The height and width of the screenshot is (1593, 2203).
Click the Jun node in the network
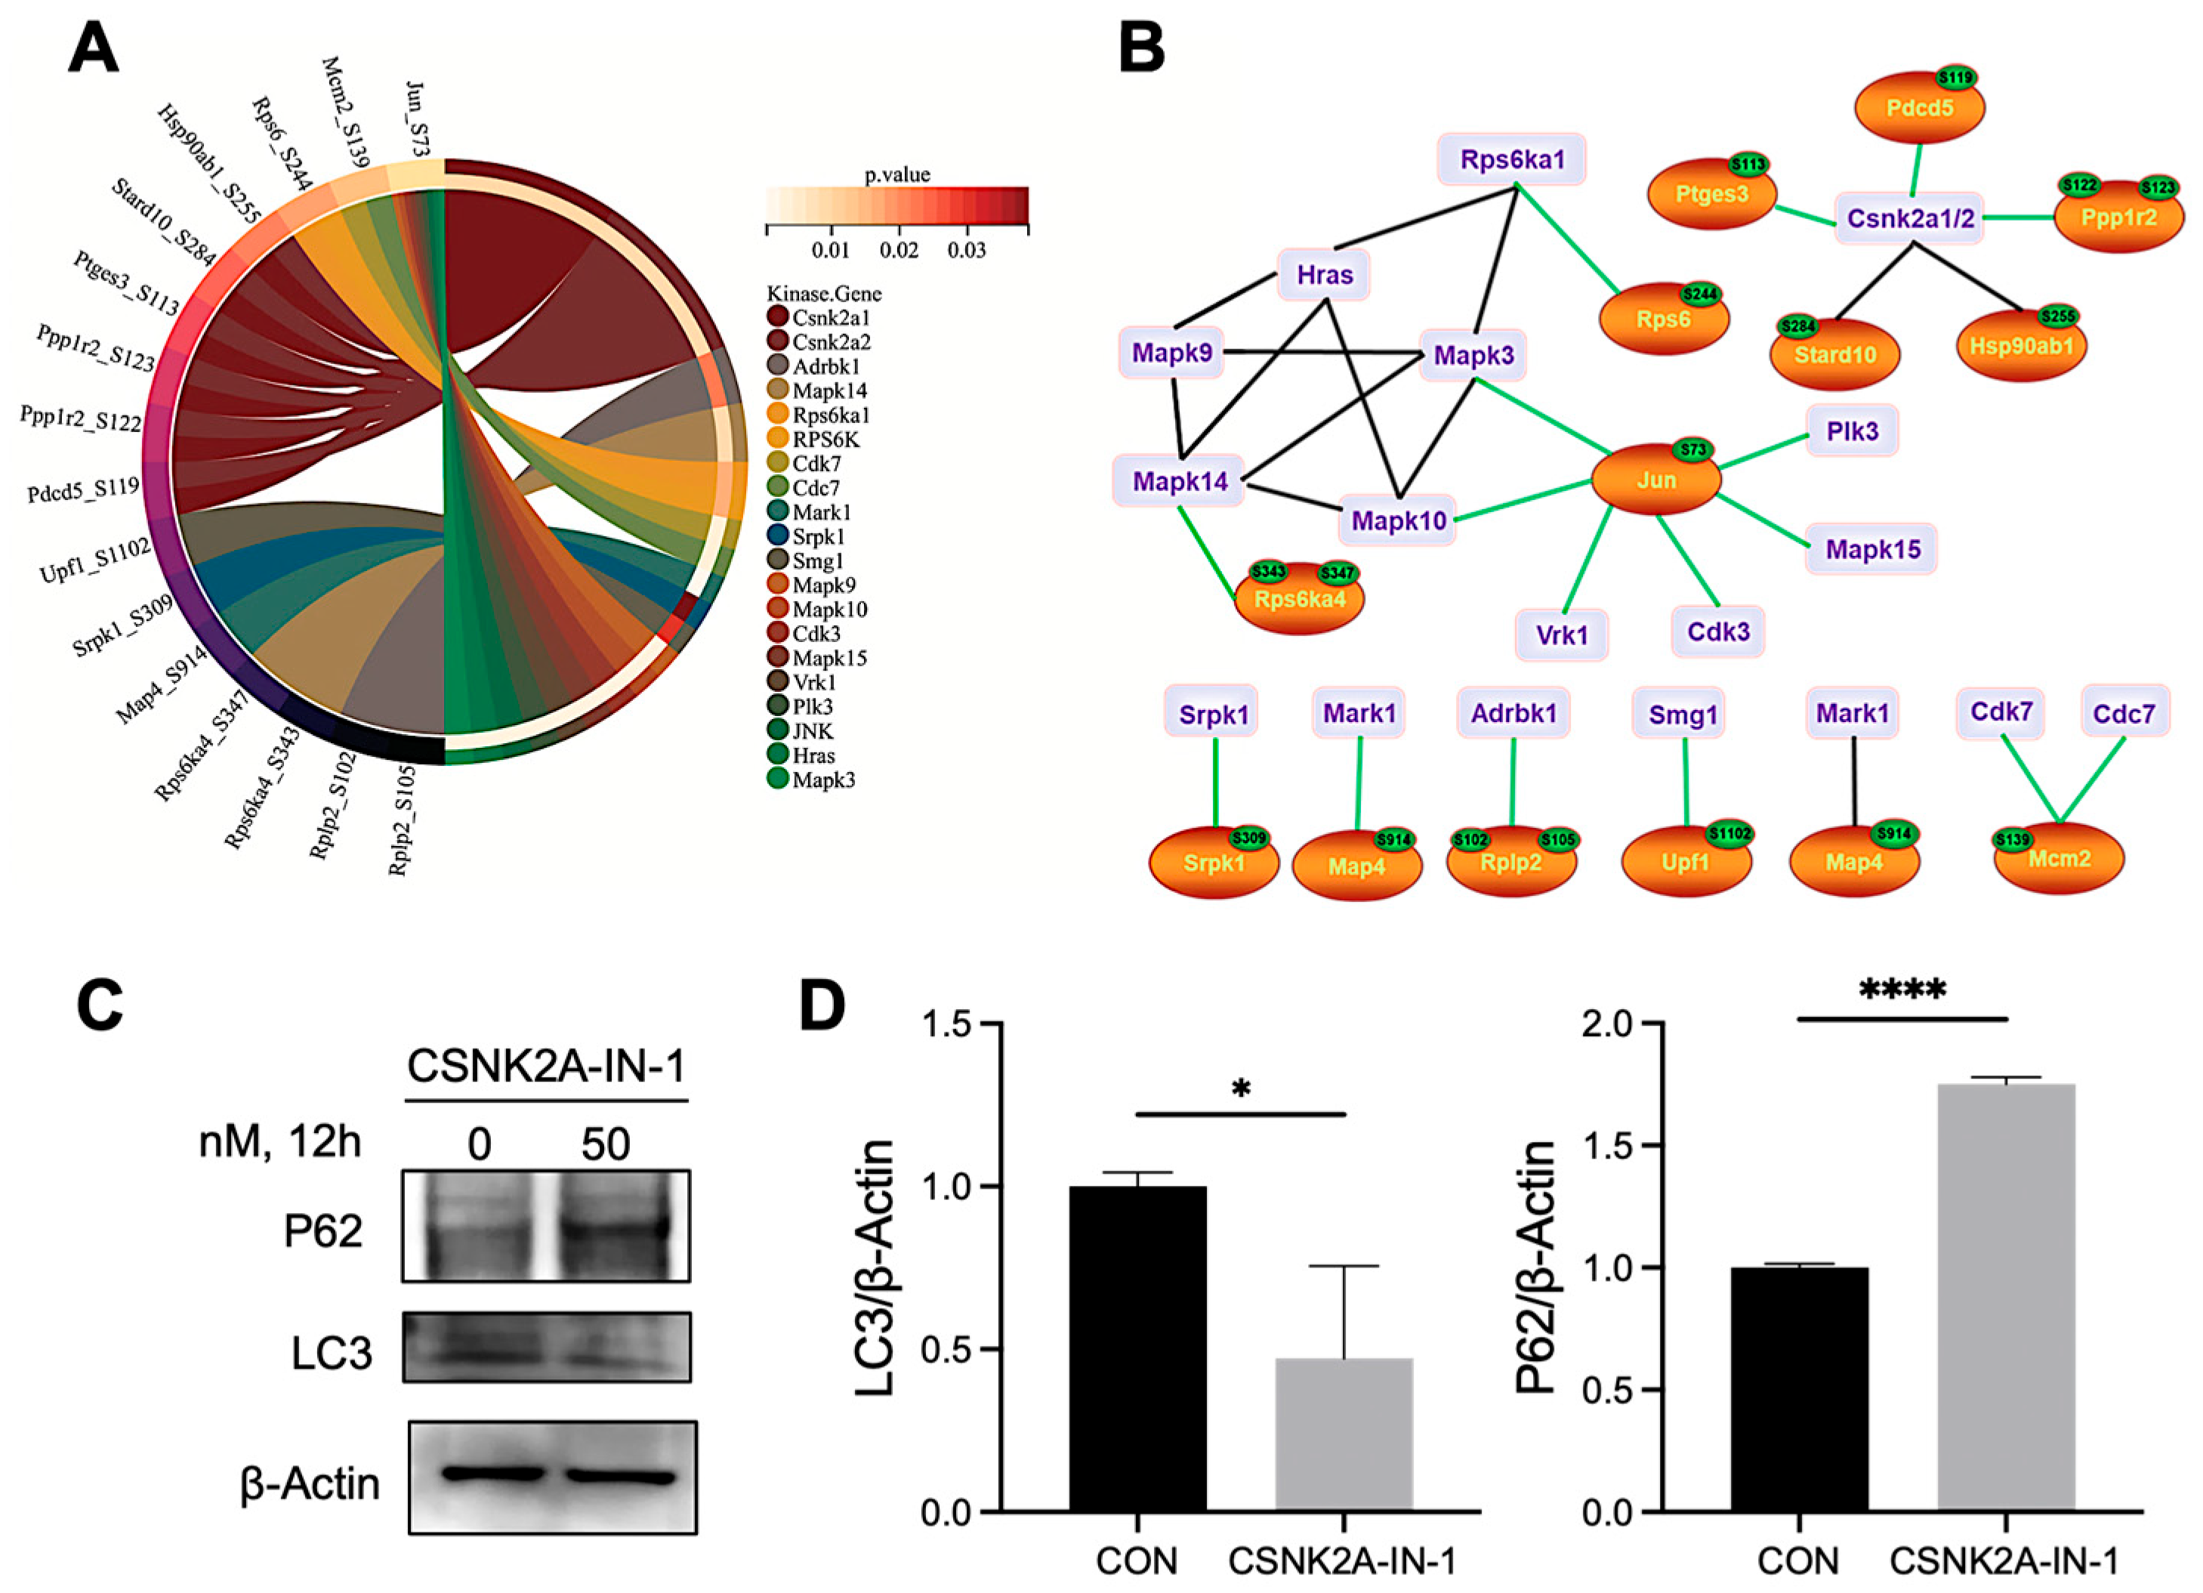pyautogui.click(x=1655, y=480)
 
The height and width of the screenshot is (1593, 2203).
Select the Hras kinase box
pyautogui.click(x=1324, y=275)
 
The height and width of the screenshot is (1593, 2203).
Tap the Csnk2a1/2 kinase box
pyautogui.click(x=1910, y=218)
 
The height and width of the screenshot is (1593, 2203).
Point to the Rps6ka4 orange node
pyautogui.click(x=1299, y=598)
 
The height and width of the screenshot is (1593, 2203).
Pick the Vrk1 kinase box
pyautogui.click(x=1562, y=635)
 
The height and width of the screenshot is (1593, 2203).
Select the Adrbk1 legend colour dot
pyautogui.click(x=777, y=366)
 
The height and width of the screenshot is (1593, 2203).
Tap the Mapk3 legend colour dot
pyautogui.click(x=777, y=779)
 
